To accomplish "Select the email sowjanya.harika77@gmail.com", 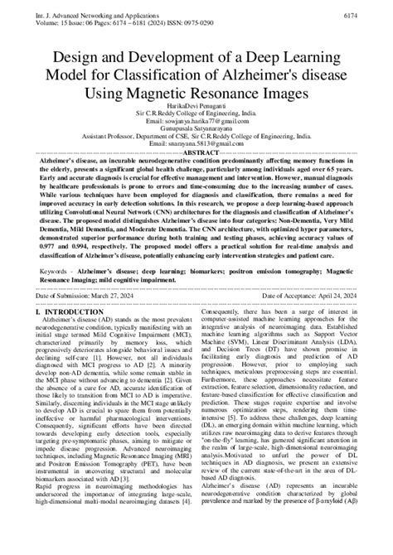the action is click(x=196, y=128).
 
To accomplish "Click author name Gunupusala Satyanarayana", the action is click(x=196, y=136).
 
